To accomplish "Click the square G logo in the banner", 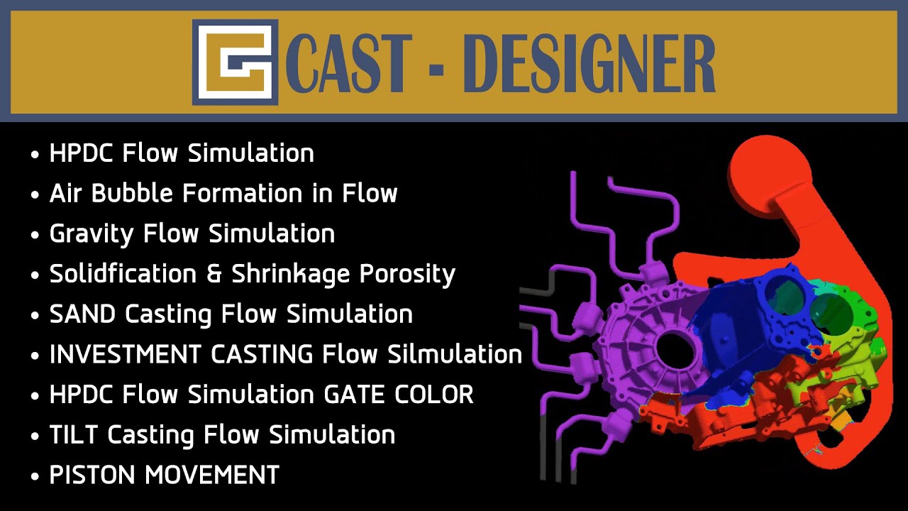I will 235,62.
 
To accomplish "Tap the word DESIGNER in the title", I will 593,64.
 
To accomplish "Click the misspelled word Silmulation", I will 455,354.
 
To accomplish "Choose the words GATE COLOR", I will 399,395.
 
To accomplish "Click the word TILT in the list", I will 74,435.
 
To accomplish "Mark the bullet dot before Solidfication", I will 35,275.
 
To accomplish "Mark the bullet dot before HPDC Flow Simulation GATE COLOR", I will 35,396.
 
